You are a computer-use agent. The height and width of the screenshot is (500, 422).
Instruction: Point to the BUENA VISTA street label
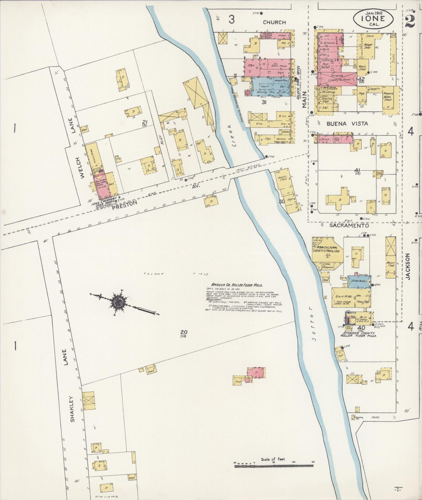(347, 124)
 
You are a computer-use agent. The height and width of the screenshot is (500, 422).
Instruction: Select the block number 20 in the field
(184, 332)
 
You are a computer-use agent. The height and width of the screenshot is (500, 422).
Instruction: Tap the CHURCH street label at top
(274, 22)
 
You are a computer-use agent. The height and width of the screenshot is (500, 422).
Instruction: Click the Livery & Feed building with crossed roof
(339, 79)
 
